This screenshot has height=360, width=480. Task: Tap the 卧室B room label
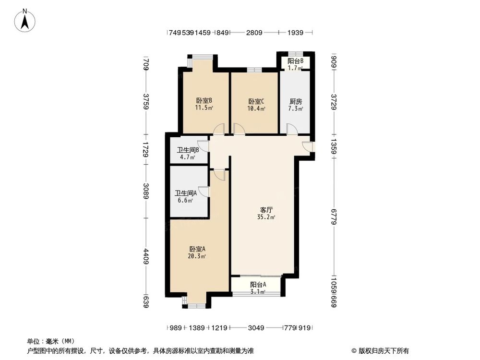tap(204, 101)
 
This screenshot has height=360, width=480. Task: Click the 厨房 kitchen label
tap(296, 101)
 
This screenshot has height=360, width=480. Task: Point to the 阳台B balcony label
tap(295, 61)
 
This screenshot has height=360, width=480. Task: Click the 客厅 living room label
tap(267, 210)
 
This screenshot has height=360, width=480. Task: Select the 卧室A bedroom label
tap(197, 249)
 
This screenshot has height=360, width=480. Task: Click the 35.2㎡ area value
tap(267, 217)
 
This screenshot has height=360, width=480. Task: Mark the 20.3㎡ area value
tap(197, 256)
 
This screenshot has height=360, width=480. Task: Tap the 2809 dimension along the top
tap(254, 33)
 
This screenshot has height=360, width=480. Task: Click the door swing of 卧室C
tap(239, 129)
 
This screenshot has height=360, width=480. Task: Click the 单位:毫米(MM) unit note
tap(47, 342)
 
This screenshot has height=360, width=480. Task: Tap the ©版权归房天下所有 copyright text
tap(380, 350)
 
